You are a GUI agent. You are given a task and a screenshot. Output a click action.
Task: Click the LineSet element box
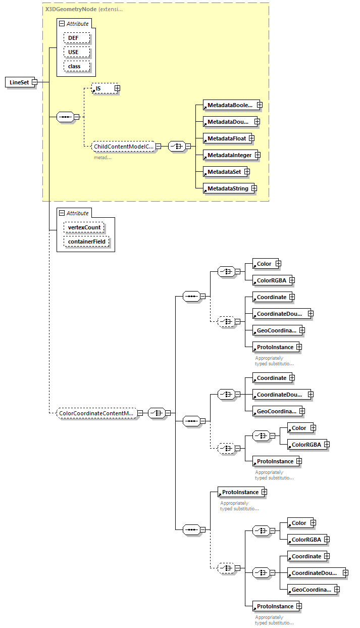19,82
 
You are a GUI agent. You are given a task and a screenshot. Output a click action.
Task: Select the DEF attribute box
77,38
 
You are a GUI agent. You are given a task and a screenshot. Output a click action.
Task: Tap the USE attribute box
77,52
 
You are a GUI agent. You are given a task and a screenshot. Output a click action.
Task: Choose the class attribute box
77,66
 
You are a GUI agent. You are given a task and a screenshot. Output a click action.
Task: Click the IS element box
103,88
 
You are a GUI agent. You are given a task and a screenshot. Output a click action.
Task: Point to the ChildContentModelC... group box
123,147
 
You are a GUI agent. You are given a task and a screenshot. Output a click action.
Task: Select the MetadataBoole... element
229,105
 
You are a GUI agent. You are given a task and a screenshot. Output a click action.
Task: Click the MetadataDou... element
228,122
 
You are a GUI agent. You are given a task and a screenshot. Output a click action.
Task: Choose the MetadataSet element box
223,172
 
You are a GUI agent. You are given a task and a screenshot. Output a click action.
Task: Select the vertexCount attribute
84,227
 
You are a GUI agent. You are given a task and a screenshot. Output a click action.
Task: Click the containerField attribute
86,242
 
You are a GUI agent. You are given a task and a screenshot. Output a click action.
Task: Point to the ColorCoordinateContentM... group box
96,413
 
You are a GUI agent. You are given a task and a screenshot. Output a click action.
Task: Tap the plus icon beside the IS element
117,88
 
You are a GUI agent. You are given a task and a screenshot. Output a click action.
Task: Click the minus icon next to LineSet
34,82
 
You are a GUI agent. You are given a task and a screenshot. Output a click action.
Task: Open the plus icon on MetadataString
254,188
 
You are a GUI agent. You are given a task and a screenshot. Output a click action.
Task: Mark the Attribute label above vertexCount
77,213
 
